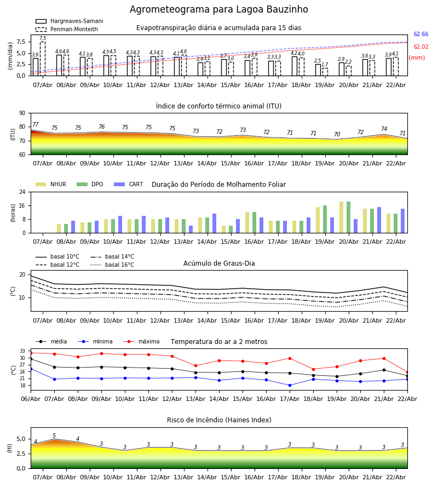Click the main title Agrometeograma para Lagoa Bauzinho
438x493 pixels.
[x=219, y=10]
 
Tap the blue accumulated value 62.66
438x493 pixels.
[x=421, y=35]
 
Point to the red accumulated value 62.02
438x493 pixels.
[x=421, y=48]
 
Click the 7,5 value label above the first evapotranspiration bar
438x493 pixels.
[x=43, y=38]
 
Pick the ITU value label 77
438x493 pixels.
[x=36, y=125]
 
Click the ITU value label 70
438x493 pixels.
[x=337, y=135]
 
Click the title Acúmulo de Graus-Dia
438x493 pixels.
[x=219, y=263]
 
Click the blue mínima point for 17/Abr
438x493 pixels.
[x=290, y=385]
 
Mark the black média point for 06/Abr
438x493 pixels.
[x=31, y=359]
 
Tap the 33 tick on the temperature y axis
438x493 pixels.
[x=23, y=351]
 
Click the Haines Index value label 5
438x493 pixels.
[x=54, y=436]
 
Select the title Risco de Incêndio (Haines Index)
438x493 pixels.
[x=219, y=420]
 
